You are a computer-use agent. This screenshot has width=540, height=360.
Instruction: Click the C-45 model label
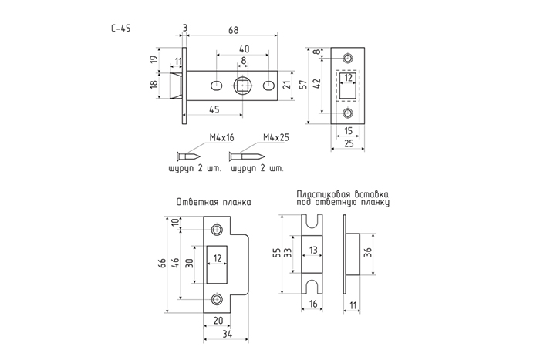click(x=121, y=29)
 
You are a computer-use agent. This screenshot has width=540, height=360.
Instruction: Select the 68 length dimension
click(x=233, y=29)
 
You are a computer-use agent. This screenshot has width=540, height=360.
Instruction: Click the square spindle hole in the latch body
click(x=244, y=84)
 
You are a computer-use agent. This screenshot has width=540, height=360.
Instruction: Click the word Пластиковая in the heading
click(x=322, y=195)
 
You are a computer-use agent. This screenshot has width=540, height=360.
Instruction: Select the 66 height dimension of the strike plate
click(x=162, y=263)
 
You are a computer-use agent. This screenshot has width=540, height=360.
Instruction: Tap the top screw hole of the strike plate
click(x=217, y=229)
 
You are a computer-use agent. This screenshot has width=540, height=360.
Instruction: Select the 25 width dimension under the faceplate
click(x=348, y=143)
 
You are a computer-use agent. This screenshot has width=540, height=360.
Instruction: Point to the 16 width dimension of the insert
click(x=312, y=305)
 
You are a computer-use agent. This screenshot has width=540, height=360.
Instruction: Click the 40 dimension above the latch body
click(x=244, y=48)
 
